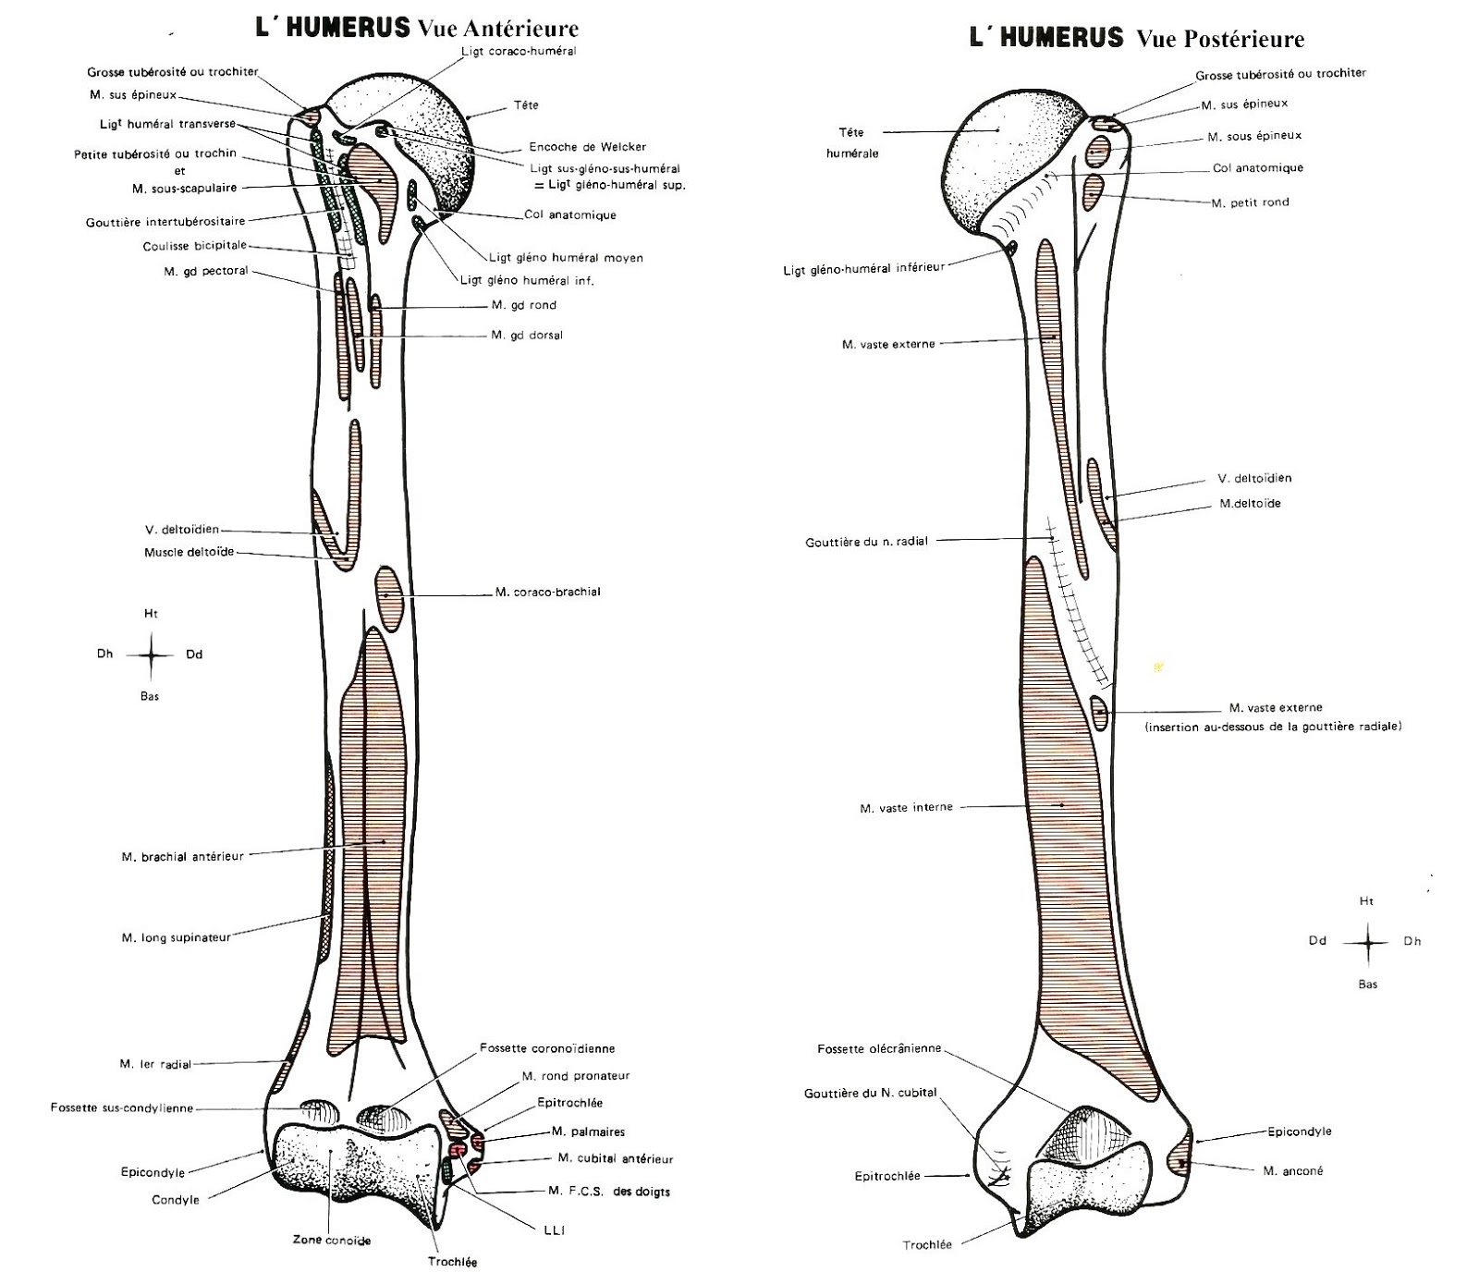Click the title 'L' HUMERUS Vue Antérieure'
417,28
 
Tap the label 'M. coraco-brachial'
547,592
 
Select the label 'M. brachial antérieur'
183,856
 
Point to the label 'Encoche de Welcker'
588,146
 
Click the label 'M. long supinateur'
176,937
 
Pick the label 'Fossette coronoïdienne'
547,1048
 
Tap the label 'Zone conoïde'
332,1240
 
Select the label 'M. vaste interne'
906,808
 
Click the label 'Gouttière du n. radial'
866,542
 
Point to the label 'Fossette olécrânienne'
879,1048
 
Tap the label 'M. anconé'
1293,1170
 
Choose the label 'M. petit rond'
1250,202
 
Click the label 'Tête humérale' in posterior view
851,142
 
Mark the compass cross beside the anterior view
151,654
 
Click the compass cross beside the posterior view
1368,942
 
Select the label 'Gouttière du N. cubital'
870,1093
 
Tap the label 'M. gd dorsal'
527,335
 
